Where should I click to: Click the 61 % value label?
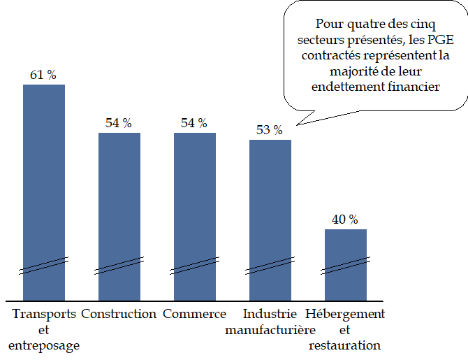[x=43, y=75]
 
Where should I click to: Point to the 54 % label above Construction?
[x=119, y=123]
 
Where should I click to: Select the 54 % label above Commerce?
[x=194, y=123]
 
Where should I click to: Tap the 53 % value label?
[x=270, y=130]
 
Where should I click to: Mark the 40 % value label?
[x=345, y=219]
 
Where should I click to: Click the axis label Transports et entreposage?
[x=44, y=329]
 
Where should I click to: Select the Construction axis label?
[x=119, y=314]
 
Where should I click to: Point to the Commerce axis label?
[x=194, y=314]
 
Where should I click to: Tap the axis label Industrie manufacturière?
[x=270, y=322]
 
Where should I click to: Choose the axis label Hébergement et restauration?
[x=346, y=329]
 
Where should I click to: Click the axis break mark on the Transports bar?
[x=44, y=266]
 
